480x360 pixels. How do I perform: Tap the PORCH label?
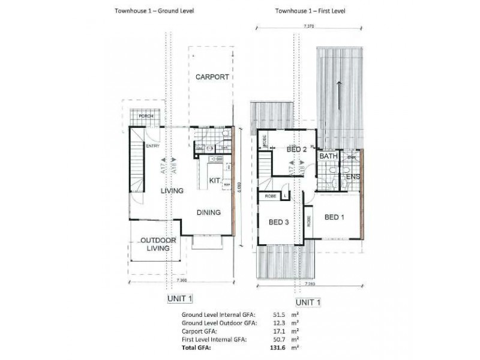coord(145,116)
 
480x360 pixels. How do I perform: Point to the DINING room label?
coord(208,212)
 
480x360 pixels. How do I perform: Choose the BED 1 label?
coord(335,217)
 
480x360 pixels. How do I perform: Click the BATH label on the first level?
coord(329,157)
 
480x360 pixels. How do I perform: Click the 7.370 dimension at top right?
coord(309,27)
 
